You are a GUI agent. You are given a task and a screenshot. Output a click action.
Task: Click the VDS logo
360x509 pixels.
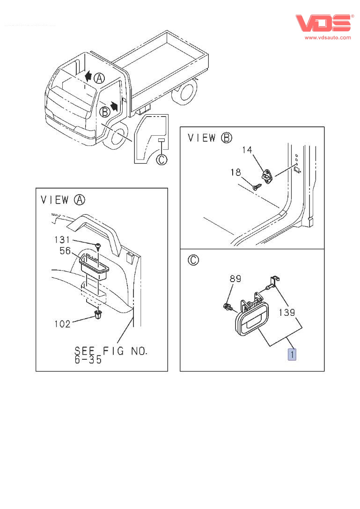(x=323, y=23)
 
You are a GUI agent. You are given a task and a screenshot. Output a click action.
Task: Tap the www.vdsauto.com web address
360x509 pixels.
(x=327, y=37)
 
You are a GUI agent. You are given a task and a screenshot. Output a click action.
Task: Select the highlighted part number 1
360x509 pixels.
(x=292, y=355)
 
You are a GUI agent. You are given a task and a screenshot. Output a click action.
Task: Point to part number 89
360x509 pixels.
(x=235, y=279)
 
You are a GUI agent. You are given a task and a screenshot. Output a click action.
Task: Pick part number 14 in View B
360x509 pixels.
(x=247, y=150)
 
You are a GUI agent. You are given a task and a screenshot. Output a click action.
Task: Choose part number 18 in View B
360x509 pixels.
(x=235, y=173)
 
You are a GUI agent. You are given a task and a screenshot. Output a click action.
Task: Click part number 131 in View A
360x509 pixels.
(x=61, y=240)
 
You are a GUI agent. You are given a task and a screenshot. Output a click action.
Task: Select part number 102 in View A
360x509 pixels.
(x=62, y=323)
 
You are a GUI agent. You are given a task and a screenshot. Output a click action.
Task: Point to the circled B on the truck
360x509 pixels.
(x=105, y=111)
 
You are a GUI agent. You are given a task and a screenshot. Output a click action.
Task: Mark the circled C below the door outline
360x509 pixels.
(x=161, y=160)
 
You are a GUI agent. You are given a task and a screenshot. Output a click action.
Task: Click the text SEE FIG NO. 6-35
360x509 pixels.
(x=110, y=356)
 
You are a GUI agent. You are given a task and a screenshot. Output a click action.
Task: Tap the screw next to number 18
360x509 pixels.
(x=256, y=186)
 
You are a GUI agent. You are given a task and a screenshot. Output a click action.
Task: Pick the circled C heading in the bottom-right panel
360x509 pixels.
(x=193, y=260)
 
